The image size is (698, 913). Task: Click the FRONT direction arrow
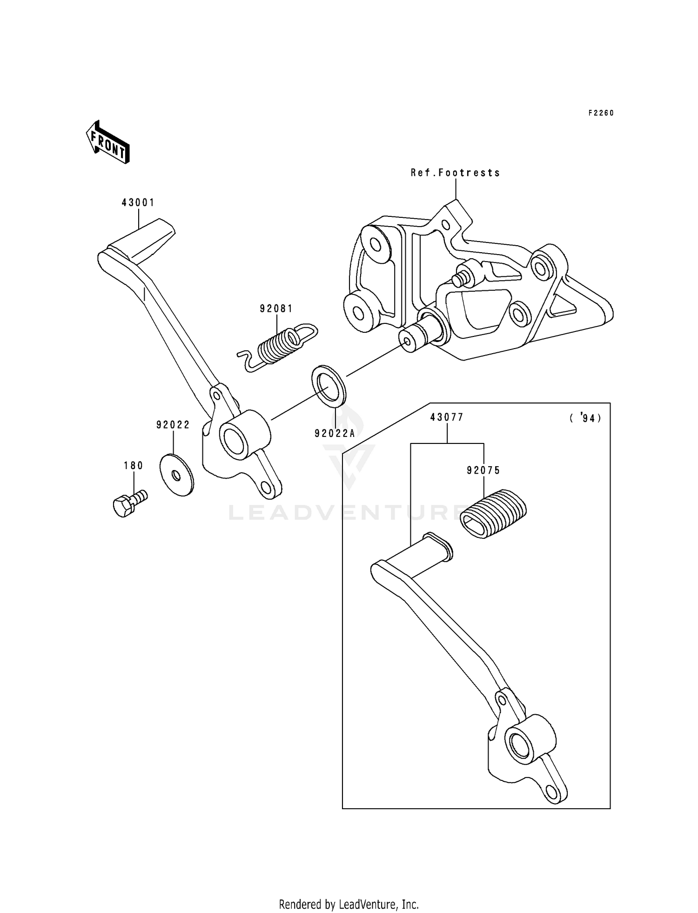pyautogui.click(x=107, y=142)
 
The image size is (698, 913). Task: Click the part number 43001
pyautogui.click(x=138, y=203)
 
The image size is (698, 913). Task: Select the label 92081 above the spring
pyautogui.click(x=276, y=309)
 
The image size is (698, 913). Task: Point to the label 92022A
pyautogui.click(x=335, y=433)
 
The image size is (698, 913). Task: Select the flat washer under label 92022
pyautogui.click(x=176, y=475)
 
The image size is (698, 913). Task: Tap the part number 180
pyautogui.click(x=134, y=465)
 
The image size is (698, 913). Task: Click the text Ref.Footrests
pyautogui.click(x=455, y=173)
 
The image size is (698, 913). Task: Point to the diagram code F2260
pyautogui.click(x=601, y=113)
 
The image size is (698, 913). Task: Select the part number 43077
pyautogui.click(x=447, y=417)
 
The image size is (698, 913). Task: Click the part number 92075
pyautogui.click(x=483, y=470)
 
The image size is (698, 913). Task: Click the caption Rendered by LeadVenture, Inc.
pyautogui.click(x=349, y=904)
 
